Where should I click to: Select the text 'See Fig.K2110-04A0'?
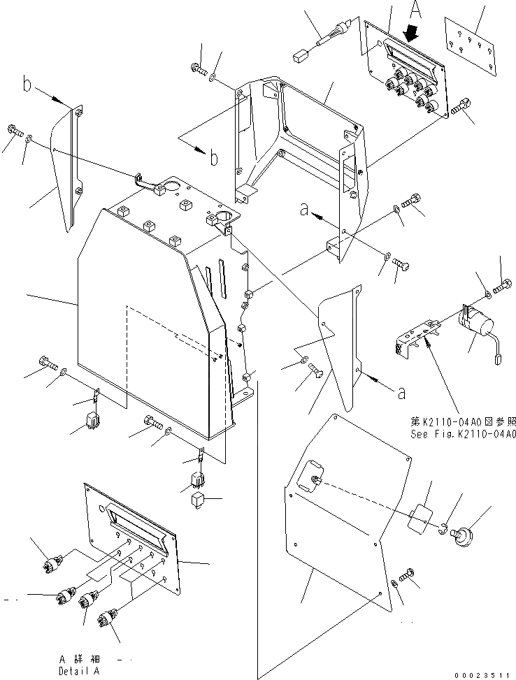coord(463,433)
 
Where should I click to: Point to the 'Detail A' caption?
coord(80,670)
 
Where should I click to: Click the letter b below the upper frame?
coord(214,157)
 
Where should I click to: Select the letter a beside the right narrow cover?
coord(401,393)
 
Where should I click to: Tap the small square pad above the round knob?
coord(422,519)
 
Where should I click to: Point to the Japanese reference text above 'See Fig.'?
coord(463,421)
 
